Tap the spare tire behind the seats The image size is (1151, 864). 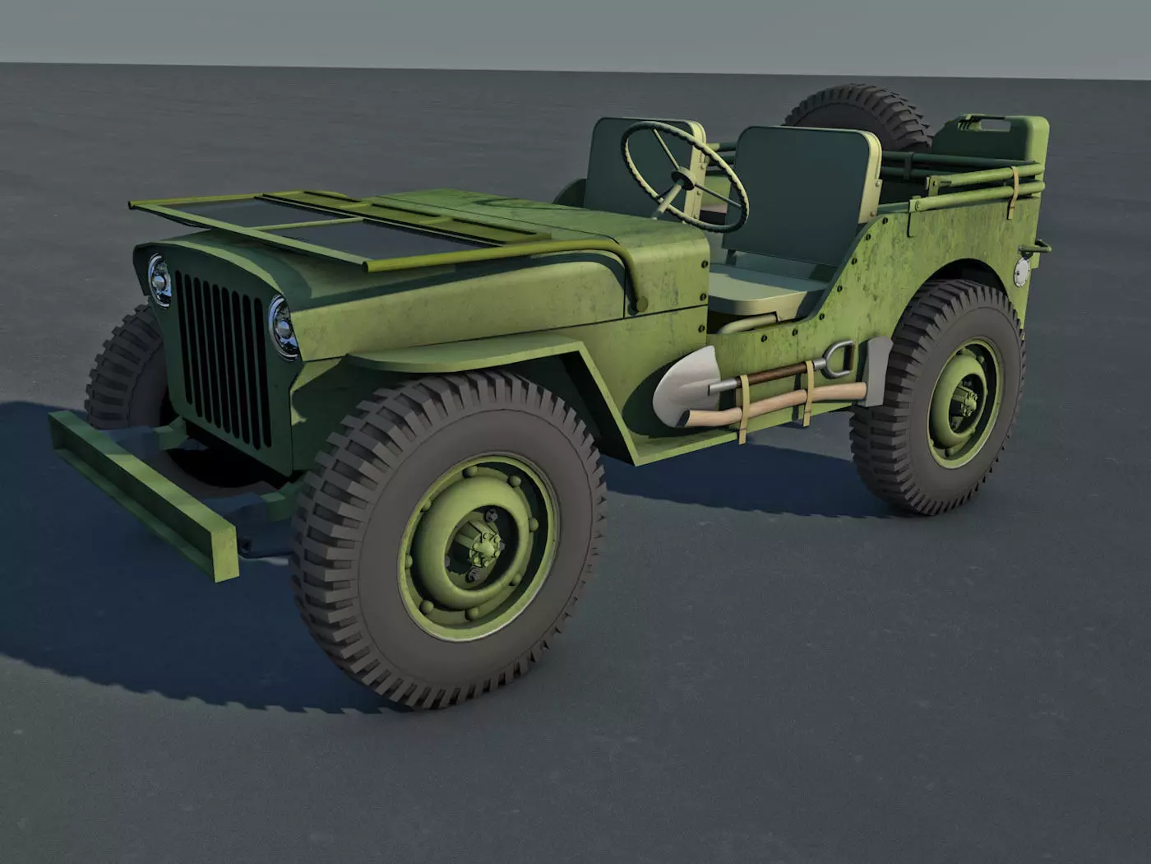(855, 115)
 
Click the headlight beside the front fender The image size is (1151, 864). (282, 326)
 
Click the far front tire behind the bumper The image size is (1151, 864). (123, 370)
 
